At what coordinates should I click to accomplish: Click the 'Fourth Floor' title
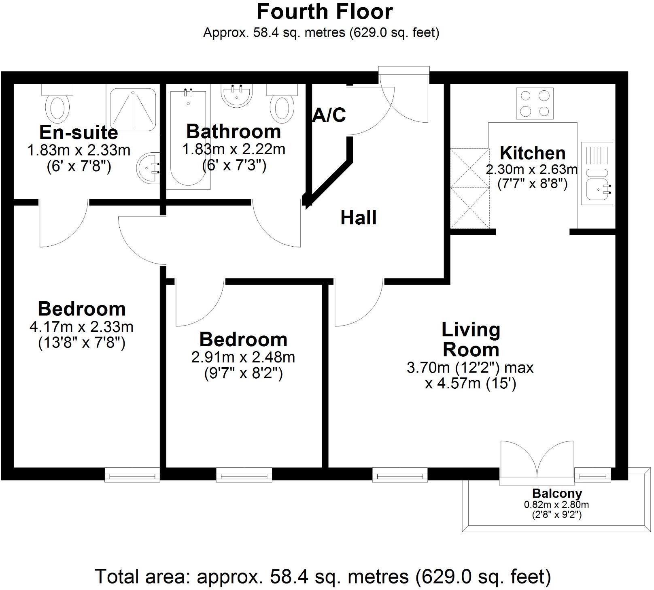coord(325,12)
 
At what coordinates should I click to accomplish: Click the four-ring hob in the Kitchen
coord(535,103)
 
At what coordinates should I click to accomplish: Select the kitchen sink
coord(597,188)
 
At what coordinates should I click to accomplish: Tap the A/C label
coord(329,115)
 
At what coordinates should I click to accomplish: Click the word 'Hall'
coord(359,218)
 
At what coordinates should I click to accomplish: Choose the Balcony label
coord(557,494)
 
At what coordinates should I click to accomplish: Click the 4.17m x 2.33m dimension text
coord(81,327)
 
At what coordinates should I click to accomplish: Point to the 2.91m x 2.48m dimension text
coord(243,357)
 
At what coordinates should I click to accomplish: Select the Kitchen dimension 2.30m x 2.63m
coord(532,169)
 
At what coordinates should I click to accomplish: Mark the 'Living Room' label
coord(471,339)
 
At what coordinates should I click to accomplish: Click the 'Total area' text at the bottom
coord(323,576)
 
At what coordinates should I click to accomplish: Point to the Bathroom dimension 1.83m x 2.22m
coord(234,149)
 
